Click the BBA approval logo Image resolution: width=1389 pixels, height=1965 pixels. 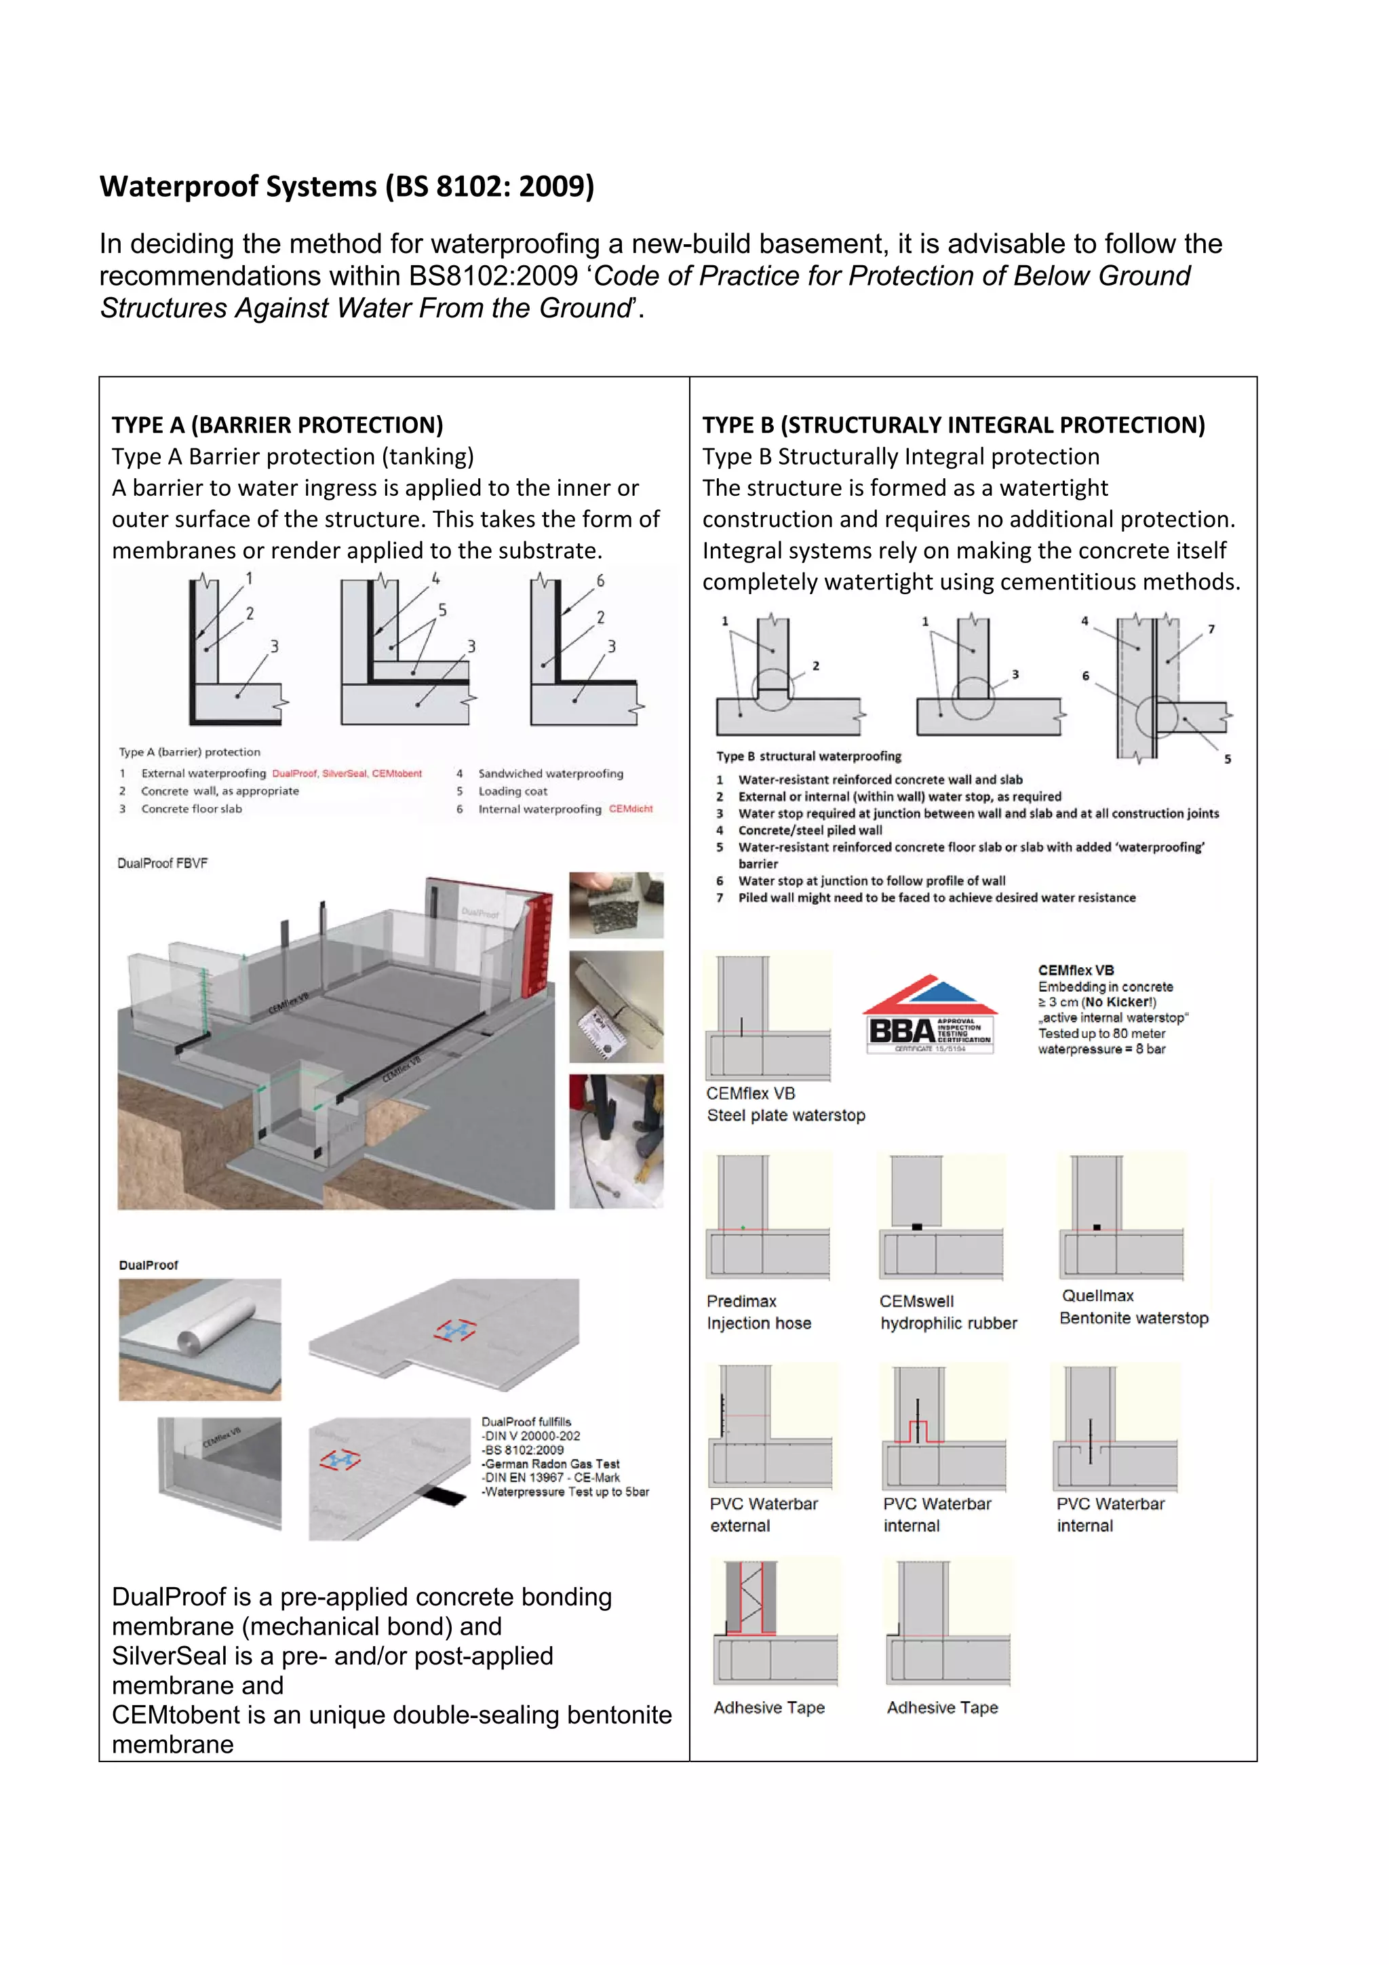pyautogui.click(x=929, y=1014)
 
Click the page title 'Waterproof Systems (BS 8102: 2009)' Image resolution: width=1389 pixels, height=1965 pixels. pyautogui.click(x=347, y=186)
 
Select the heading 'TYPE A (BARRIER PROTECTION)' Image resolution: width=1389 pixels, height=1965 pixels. pyautogui.click(x=277, y=425)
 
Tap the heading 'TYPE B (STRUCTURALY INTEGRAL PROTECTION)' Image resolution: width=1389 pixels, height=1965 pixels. pyautogui.click(x=954, y=425)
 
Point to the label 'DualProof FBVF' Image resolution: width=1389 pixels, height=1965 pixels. pyautogui.click(x=163, y=863)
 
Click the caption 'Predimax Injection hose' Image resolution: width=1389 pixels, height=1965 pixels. pyautogui.click(x=758, y=1312)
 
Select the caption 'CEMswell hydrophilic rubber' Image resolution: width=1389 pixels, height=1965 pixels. pyautogui.click(x=947, y=1312)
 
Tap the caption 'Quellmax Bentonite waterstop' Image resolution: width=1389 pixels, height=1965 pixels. pyautogui.click(x=1133, y=1307)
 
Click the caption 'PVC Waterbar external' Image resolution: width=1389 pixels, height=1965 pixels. pyautogui.click(x=764, y=1514)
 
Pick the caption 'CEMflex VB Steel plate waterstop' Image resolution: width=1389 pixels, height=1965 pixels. pyautogui.click(x=785, y=1104)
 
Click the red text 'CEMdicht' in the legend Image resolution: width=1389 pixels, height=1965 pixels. pyautogui.click(x=631, y=809)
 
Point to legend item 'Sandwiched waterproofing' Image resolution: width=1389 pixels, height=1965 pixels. pyautogui.click(x=550, y=773)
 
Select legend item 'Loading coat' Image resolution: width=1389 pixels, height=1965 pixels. pyautogui.click(x=513, y=791)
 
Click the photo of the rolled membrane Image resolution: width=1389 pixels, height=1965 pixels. pyautogui.click(x=200, y=1338)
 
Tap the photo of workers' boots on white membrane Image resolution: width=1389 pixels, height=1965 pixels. pyautogui.click(x=617, y=1141)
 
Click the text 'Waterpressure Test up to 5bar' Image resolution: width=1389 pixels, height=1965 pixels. pyautogui.click(x=566, y=1492)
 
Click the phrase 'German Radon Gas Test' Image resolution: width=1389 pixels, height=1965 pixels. pyautogui.click(x=551, y=1464)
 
